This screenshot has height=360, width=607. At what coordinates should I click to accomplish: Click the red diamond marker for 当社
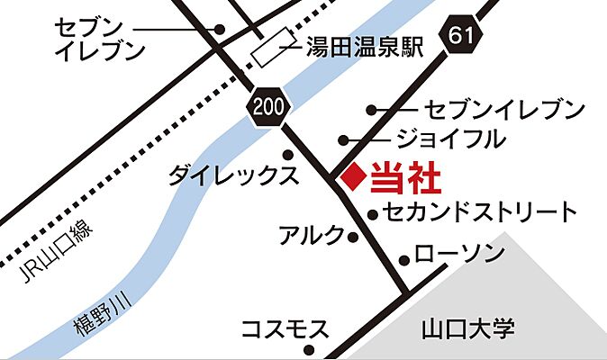click(x=355, y=176)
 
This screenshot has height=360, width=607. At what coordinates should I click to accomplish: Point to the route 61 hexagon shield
click(x=458, y=37)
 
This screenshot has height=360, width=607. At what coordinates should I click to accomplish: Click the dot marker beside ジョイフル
click(x=344, y=139)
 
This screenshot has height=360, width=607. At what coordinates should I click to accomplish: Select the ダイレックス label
click(x=232, y=175)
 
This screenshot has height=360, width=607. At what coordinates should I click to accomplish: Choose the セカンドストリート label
click(x=478, y=213)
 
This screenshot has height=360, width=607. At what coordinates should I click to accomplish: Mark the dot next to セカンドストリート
click(x=373, y=214)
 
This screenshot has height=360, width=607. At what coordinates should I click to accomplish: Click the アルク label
click(x=311, y=237)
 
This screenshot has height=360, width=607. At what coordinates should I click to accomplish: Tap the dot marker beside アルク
click(x=353, y=238)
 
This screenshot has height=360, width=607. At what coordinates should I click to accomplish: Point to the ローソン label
click(x=459, y=255)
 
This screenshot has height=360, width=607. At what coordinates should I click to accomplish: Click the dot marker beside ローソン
click(x=404, y=260)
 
